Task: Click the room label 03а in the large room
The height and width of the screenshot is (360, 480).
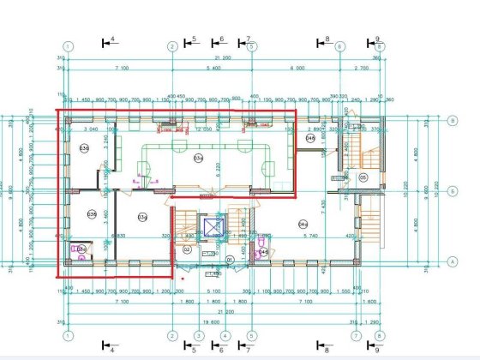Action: pos(197,158)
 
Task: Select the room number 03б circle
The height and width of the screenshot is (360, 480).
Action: pos(84,148)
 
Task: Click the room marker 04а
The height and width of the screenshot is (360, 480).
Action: pos(303,224)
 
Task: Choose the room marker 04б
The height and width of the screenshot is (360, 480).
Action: pos(311,137)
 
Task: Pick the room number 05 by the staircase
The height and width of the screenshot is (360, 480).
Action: pos(363,177)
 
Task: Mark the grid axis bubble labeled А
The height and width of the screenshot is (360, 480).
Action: pos(451,261)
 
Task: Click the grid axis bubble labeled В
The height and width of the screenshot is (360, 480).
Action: pos(451,120)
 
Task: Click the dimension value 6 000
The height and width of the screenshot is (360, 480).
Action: pos(297,67)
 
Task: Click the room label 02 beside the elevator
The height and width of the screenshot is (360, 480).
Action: pos(187,249)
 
